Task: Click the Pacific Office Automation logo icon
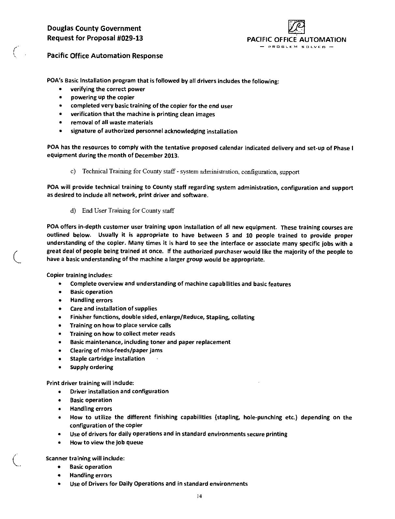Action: pyautogui.click(x=296, y=27)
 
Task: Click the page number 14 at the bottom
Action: pyautogui.click(x=199, y=497)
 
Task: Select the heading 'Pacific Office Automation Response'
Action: pyautogui.click(x=105, y=56)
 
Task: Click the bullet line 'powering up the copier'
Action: pyautogui.click(x=102, y=97)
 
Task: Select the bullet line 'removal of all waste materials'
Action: pyautogui.click(x=112, y=123)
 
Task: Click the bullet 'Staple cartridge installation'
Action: pyautogui.click(x=108, y=359)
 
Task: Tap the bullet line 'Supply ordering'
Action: pyautogui.click(x=92, y=367)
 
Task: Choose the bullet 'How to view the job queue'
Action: pyautogui.click(x=107, y=442)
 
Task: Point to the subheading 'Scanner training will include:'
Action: pyautogui.click(x=86, y=458)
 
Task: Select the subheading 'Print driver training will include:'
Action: pyautogui.click(x=91, y=383)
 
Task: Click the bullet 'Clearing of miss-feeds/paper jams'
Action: pyautogui.click(x=116, y=351)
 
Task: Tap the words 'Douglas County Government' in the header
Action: pyautogui.click(x=94, y=29)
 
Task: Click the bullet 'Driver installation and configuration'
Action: pyautogui.click(x=119, y=392)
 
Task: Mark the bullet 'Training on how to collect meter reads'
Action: pyautogui.click(x=123, y=334)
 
